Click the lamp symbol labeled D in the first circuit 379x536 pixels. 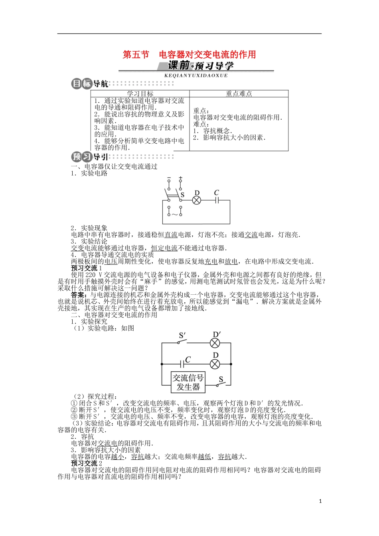coord(197,200)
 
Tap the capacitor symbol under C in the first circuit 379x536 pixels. coord(216,200)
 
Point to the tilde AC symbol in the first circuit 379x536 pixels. coord(175,215)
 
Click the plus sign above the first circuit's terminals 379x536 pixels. coord(181,178)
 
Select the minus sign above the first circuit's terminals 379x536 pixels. coord(169,178)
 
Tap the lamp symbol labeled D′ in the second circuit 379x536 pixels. coord(215,342)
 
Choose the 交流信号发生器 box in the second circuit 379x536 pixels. coord(188,382)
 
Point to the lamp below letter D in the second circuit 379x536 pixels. coord(215,364)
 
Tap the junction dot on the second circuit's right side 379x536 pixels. coord(231,364)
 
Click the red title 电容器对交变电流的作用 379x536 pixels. coord(207,54)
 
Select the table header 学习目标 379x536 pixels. coord(140,94)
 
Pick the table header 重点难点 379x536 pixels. coord(239,94)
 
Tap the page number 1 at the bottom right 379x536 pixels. coord(320,501)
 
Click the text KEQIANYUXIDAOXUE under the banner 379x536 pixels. coord(196,75)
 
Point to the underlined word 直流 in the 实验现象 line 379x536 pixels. coord(171,235)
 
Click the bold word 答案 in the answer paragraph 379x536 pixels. coord(77,295)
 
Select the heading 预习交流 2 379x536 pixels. coord(87,463)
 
